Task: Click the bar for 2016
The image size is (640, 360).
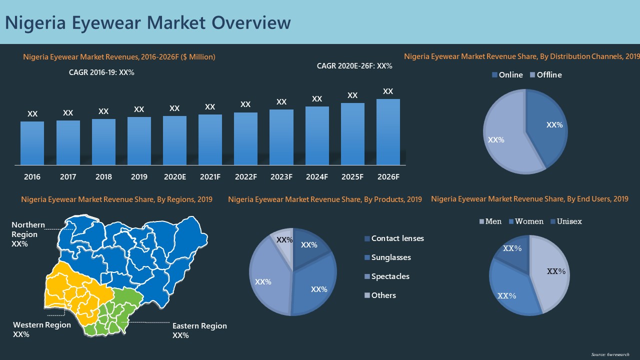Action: pyautogui.click(x=32, y=143)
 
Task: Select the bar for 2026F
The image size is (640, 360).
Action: pyautogui.click(x=388, y=132)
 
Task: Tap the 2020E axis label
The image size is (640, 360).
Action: pyautogui.click(x=174, y=177)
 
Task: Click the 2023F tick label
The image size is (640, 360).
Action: pyautogui.click(x=281, y=177)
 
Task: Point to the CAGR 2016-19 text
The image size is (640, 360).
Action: pyautogui.click(x=101, y=72)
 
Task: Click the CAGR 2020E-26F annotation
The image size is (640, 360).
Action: pyautogui.click(x=354, y=66)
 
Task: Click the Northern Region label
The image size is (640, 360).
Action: pyautogui.click(x=28, y=234)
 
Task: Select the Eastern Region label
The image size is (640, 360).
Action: pyautogui.click(x=199, y=330)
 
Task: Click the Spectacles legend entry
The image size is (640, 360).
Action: pyautogui.click(x=386, y=276)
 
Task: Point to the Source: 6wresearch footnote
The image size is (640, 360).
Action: pyautogui.click(x=610, y=354)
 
